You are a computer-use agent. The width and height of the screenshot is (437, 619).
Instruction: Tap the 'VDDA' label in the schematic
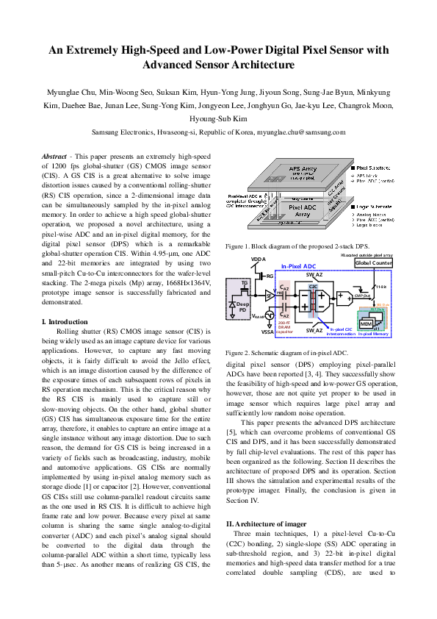258,260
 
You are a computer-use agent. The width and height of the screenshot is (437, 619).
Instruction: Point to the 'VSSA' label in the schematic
267,332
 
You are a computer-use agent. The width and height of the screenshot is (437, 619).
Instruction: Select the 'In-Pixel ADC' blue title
299,267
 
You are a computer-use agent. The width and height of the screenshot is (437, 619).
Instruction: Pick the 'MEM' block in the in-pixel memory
366,323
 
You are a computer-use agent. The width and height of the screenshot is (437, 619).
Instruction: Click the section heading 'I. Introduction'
65,322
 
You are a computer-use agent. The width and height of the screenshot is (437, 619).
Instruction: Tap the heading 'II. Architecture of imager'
267,502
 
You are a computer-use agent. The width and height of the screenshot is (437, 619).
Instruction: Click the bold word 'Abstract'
54,157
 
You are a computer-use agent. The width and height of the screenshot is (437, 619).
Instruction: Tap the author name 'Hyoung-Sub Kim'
218,118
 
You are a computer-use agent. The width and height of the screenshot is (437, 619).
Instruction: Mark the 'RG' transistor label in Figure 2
270,276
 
